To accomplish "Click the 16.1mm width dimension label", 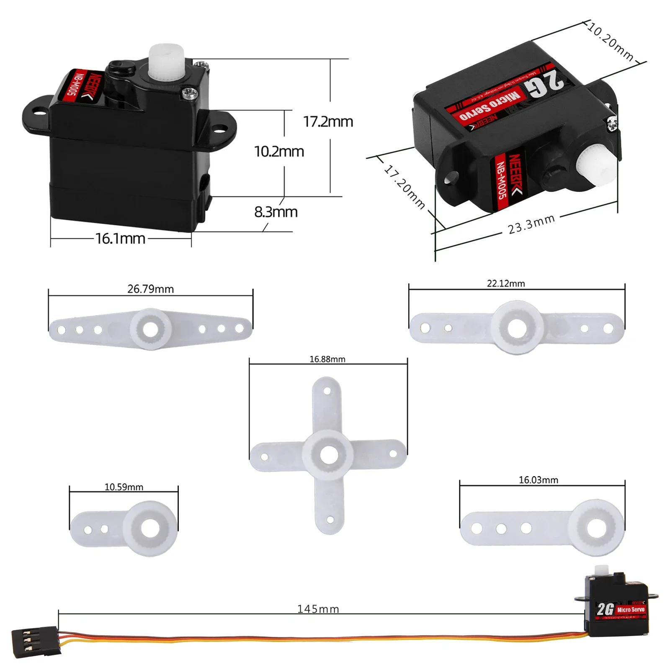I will click(x=120, y=239).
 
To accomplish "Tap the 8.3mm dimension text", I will click(x=276, y=212).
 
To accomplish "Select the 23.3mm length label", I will click(x=531, y=224).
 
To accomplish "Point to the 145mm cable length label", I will click(x=318, y=609).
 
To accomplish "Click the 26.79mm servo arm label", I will click(x=150, y=289).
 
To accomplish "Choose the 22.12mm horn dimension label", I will click(x=505, y=283).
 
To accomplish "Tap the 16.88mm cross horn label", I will click(x=327, y=359).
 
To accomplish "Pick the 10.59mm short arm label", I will click(x=124, y=487).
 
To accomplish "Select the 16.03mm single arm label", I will click(x=538, y=480).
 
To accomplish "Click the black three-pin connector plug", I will click(x=35, y=640).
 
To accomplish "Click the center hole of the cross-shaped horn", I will click(x=329, y=455).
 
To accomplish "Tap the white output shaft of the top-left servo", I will click(x=166, y=60).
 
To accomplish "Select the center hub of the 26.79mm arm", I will click(x=151, y=329).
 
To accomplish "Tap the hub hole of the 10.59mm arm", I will click(x=150, y=528).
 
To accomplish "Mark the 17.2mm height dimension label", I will click(x=328, y=122).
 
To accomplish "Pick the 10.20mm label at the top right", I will click(x=611, y=41).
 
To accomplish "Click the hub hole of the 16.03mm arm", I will click(x=597, y=528).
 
